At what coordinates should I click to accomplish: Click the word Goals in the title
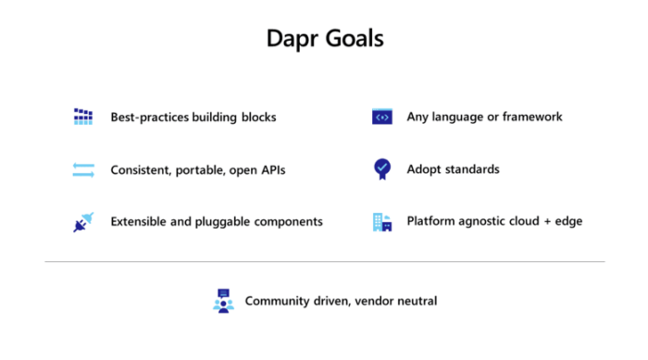pos(352,39)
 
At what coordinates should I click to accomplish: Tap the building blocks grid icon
pos(83,117)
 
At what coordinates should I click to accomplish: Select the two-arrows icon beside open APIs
pos(83,169)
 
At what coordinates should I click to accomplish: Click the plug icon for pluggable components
pos(81,222)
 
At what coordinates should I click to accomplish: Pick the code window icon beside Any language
pos(381,117)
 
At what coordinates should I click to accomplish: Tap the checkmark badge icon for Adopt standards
pos(381,168)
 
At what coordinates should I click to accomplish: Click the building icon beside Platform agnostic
pos(381,222)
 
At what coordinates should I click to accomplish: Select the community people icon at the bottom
pos(223,301)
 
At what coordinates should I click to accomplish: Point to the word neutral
pos(415,301)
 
